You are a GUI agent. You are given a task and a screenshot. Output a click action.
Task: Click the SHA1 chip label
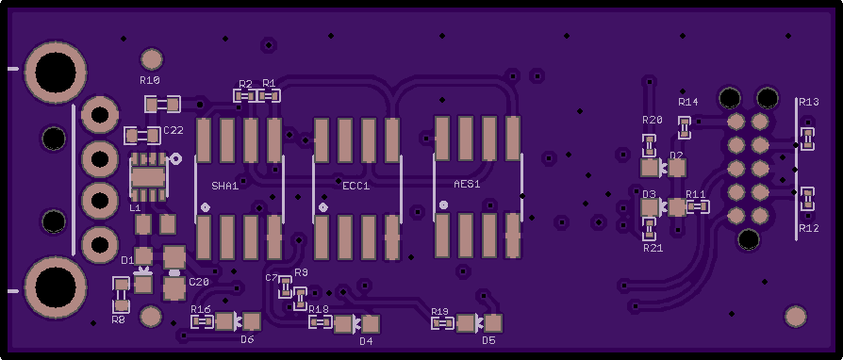click(x=224, y=187)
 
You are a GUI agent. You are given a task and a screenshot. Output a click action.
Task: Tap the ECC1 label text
click(x=355, y=186)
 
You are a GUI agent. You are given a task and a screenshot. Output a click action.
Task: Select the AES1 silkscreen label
click(x=467, y=184)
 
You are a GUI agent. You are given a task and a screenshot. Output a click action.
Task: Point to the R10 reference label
click(x=150, y=80)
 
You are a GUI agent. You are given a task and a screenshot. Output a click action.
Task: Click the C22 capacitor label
click(x=174, y=130)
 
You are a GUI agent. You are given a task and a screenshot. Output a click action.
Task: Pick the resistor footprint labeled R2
click(x=245, y=95)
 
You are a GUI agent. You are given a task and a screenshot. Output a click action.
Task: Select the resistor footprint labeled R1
click(x=269, y=95)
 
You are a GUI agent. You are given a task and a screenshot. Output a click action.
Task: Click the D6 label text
click(x=247, y=339)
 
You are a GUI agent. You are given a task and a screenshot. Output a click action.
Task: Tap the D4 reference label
click(x=366, y=341)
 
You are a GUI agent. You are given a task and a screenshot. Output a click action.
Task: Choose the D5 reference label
click(x=488, y=340)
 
